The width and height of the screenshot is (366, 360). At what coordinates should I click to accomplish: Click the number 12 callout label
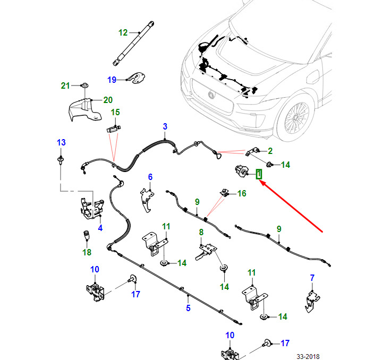[x=123, y=32]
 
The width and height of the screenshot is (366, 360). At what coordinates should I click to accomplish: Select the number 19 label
[x=112, y=80]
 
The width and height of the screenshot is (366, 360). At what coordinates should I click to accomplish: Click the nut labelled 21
[x=84, y=85]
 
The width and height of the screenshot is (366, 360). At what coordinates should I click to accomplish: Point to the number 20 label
[x=108, y=99]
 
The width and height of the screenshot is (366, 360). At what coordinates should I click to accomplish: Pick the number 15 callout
[x=115, y=112]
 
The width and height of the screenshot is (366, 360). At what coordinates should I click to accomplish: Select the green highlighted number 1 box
[x=259, y=174]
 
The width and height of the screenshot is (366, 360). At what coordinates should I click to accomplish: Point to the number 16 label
[x=242, y=193]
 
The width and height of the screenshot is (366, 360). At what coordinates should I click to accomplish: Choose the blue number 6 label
[x=150, y=177]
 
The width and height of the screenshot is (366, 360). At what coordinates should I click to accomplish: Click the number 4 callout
[x=100, y=228]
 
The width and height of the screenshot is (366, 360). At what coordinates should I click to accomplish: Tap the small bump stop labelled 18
[x=85, y=235]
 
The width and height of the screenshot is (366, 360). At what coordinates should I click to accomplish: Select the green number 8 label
[x=201, y=232]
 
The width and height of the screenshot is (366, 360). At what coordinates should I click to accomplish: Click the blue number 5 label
[x=188, y=308]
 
